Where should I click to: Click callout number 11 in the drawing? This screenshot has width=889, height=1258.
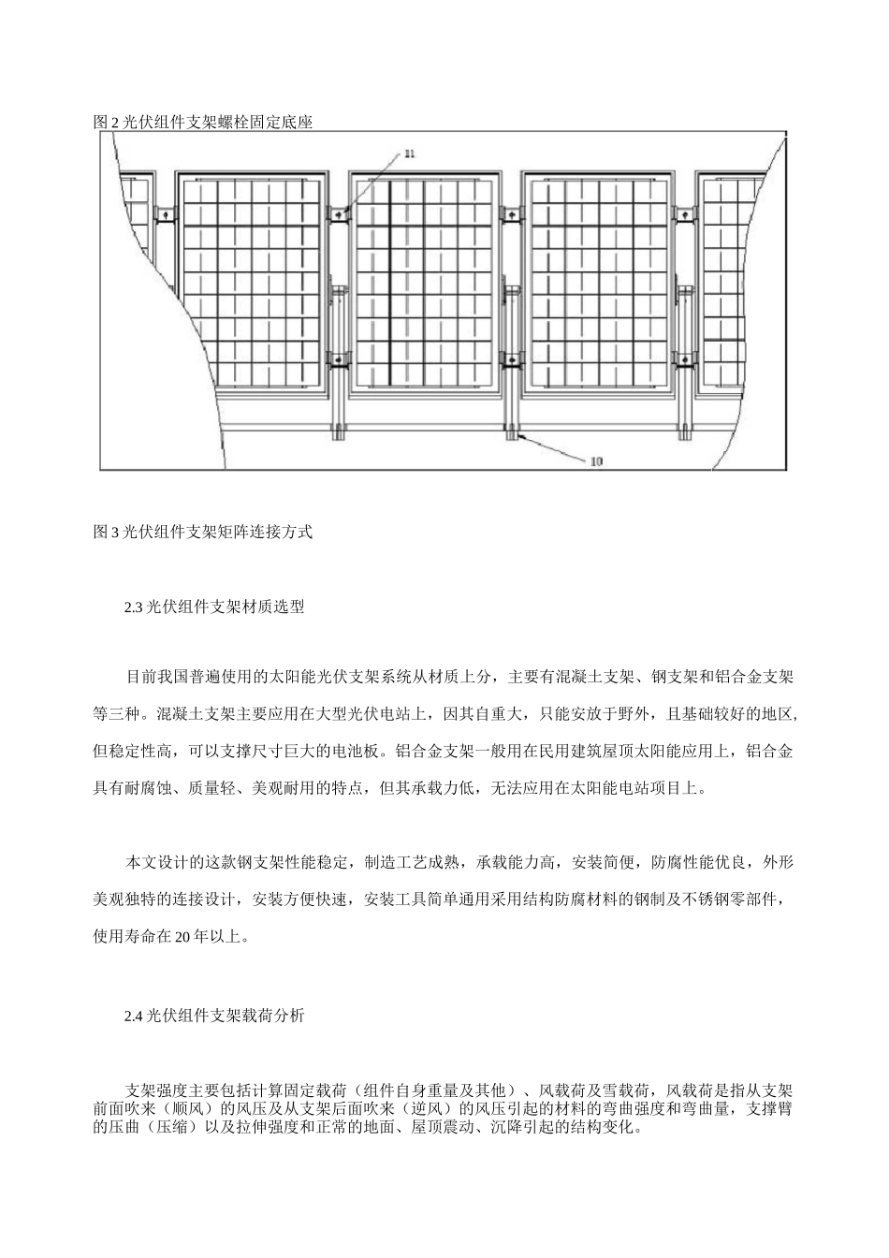(409, 153)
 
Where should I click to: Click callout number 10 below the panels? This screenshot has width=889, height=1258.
(595, 460)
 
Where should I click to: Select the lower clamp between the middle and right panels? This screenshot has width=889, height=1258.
(511, 358)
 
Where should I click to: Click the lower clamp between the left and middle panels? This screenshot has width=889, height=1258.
(338, 358)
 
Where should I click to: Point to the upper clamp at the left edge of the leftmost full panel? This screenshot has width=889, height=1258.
(165, 214)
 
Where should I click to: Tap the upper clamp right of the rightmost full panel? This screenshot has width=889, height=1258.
(686, 214)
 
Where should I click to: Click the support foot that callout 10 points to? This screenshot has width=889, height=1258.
(511, 432)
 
